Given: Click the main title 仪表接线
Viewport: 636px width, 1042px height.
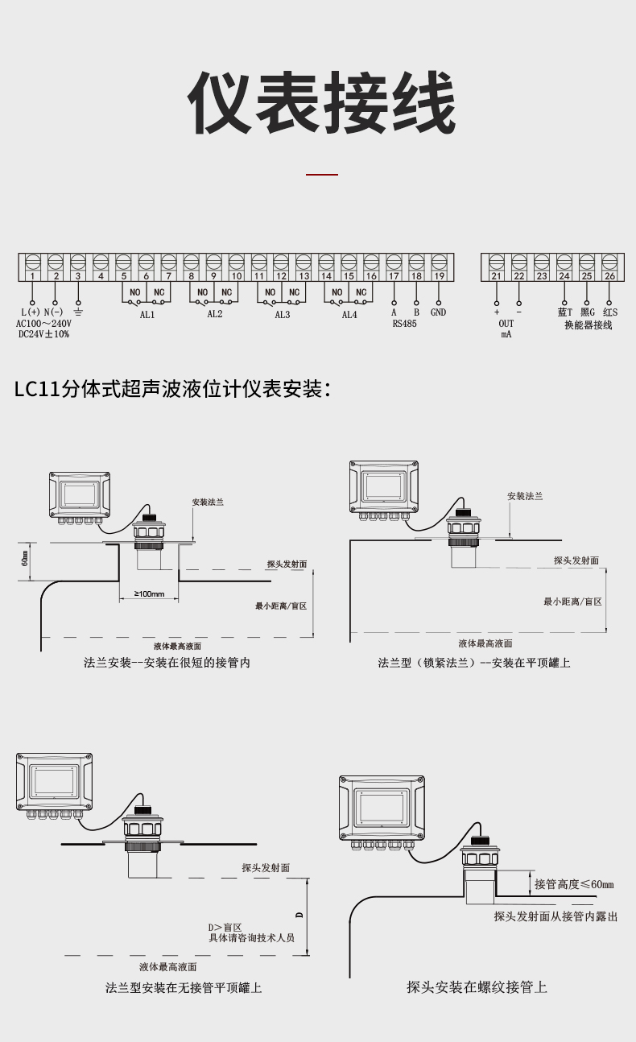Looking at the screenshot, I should click(x=321, y=104).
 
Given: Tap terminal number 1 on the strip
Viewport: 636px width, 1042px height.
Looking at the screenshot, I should click(x=32, y=276).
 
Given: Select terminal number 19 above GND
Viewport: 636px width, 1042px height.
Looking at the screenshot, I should click(x=440, y=276).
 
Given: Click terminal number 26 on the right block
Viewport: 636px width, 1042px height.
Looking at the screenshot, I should click(x=609, y=276).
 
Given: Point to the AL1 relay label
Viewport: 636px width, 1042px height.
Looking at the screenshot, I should click(x=147, y=315).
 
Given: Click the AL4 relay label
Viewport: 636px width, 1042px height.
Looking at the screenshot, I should click(x=349, y=315).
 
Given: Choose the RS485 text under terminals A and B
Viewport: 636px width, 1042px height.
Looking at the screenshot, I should click(x=405, y=324).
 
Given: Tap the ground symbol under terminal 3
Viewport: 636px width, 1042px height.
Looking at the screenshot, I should click(x=78, y=312).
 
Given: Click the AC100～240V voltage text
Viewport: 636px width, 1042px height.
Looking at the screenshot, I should click(x=43, y=323).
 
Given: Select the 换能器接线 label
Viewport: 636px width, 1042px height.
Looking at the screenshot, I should click(x=588, y=325).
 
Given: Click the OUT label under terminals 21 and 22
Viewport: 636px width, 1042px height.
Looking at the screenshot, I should click(x=506, y=324).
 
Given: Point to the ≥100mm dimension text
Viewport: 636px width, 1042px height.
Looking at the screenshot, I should click(x=149, y=594).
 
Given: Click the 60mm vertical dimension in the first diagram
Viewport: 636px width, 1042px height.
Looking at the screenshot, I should click(x=26, y=556).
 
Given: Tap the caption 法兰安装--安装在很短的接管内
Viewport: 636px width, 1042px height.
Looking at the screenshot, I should click(x=167, y=663).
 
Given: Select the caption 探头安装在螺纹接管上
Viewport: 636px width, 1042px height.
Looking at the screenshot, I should click(x=477, y=987).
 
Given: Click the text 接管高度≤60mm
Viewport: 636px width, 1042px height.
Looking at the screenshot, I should click(x=574, y=884).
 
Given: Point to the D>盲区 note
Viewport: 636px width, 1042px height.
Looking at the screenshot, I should click(x=225, y=928).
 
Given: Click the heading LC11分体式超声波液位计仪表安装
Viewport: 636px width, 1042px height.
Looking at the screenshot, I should click(x=173, y=389).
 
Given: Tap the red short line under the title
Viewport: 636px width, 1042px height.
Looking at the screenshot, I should click(x=322, y=174).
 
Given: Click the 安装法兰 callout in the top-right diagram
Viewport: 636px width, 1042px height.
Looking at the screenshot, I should click(x=525, y=496).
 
